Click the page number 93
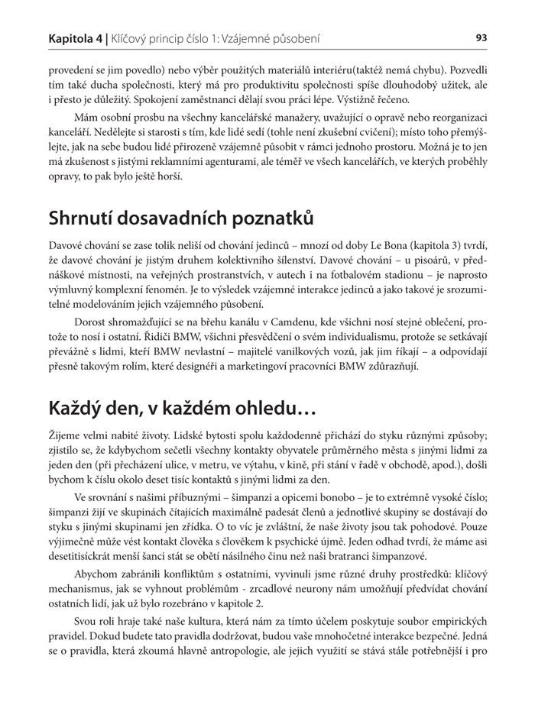pos(481,37)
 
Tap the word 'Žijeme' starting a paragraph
pos(66,435)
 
